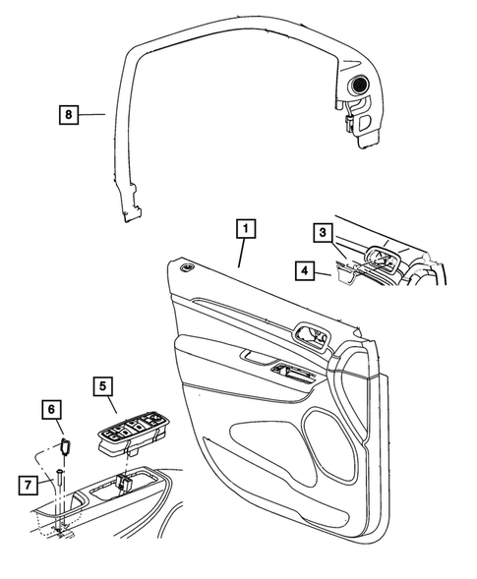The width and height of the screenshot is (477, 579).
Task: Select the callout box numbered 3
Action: click(323, 233)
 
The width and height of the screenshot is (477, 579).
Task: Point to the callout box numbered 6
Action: click(52, 408)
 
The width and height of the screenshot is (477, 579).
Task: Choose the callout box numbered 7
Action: click(30, 484)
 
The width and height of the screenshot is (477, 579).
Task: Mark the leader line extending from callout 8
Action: click(92, 115)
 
